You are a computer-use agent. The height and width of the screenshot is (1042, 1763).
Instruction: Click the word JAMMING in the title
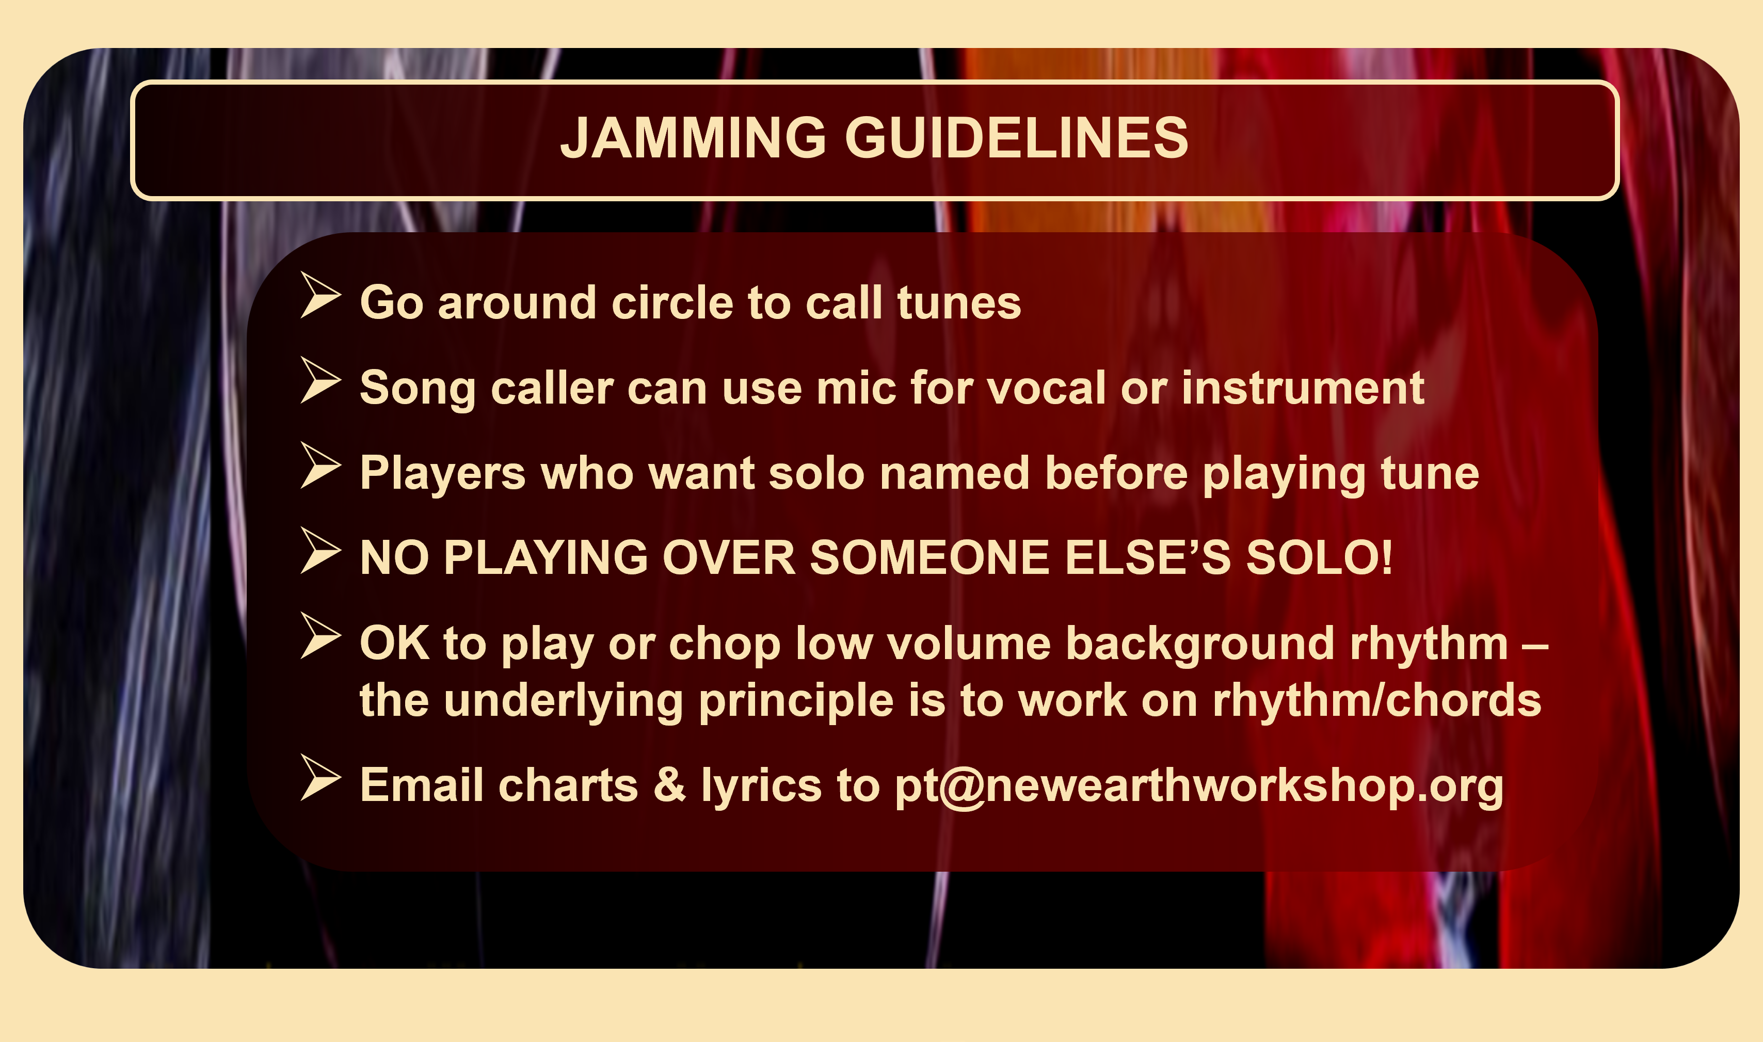click(x=693, y=138)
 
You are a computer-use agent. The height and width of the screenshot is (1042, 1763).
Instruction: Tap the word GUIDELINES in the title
click(x=1017, y=138)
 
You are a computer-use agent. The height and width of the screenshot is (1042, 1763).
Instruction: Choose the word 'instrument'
click(x=1303, y=388)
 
